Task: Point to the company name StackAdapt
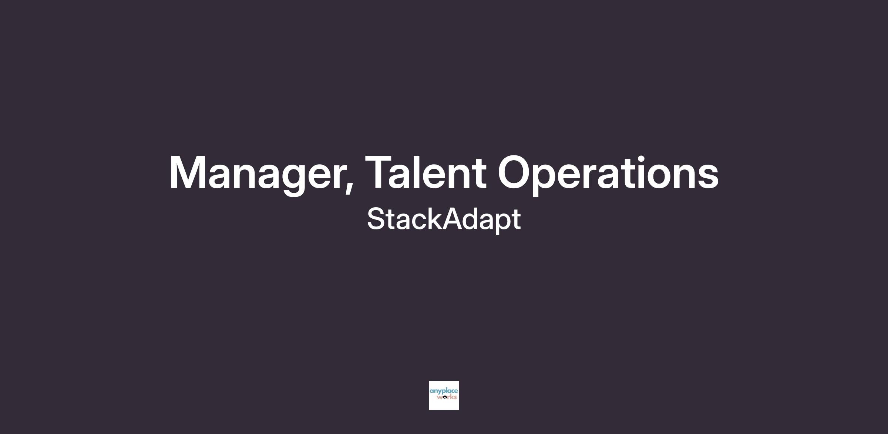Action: pyautogui.click(x=444, y=220)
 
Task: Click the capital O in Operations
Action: pyautogui.click(x=515, y=172)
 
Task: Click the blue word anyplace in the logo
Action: pyautogui.click(x=444, y=391)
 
